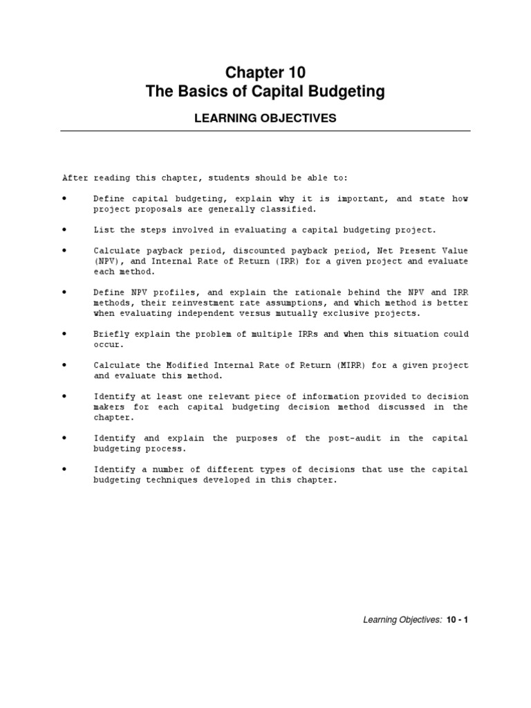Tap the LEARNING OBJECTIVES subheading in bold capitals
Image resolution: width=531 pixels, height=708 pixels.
[265, 118]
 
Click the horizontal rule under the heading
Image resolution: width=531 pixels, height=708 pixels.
[265, 131]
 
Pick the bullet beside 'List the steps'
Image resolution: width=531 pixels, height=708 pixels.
[64, 230]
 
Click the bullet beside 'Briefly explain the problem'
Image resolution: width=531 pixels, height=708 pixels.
[64, 334]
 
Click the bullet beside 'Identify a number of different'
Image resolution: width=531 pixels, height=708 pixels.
[64, 469]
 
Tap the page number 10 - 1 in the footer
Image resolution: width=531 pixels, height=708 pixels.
[458, 620]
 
